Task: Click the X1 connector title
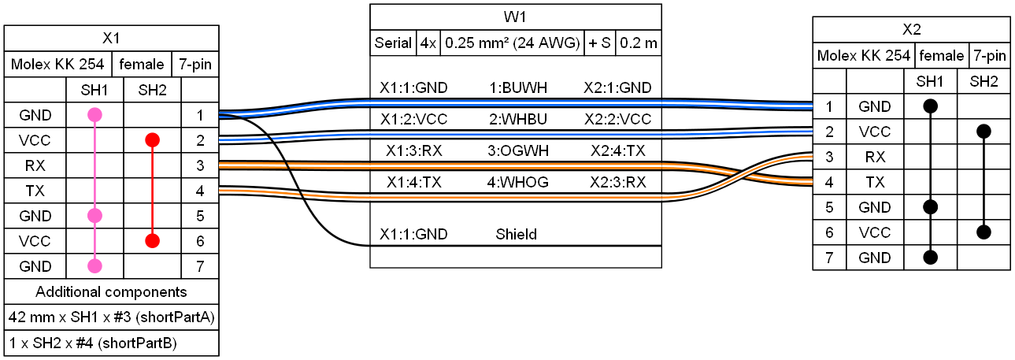pos(111,38)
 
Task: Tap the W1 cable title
pos(515,17)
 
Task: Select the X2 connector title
pos(911,30)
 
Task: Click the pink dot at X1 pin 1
pos(94,115)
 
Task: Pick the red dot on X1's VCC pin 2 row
pos(152,140)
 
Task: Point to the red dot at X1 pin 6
pos(152,241)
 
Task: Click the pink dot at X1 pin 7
pos(94,266)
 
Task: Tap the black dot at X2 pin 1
pos(930,106)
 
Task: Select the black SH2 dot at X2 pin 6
pos(984,232)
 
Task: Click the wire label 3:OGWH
pos(518,150)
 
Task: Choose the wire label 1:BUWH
pos(518,87)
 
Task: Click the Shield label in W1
pos(516,235)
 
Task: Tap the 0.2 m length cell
pos(639,43)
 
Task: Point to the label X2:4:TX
pos(617,150)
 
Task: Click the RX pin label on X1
pos(35,165)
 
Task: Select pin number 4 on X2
pos(829,182)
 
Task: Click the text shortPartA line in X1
pos(111,317)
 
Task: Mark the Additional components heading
pos(111,292)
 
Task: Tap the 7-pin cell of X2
pos(990,56)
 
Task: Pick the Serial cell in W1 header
pos(393,43)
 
